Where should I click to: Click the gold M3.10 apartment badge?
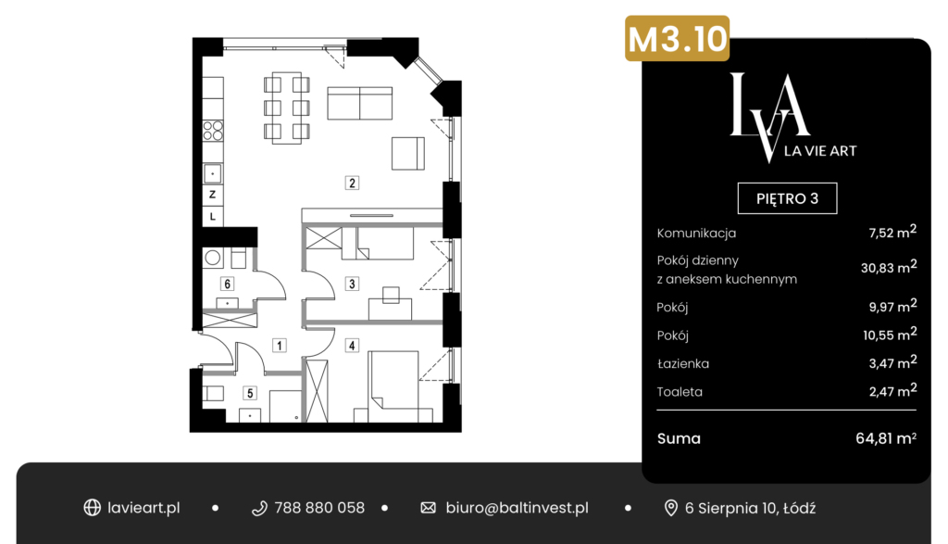tap(677, 38)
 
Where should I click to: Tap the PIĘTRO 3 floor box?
tap(787, 198)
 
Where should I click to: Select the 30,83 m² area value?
tap(889, 267)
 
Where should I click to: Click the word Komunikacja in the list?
tap(696, 233)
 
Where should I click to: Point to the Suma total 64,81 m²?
tap(886, 438)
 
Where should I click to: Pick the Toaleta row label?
tap(680, 391)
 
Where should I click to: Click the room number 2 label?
tap(352, 183)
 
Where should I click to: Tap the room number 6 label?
tap(228, 284)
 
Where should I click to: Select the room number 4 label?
tap(352, 346)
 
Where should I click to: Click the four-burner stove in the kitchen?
tap(213, 131)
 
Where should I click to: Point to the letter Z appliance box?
tap(212, 195)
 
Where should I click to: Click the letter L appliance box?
tap(212, 216)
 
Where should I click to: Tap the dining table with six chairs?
tap(287, 108)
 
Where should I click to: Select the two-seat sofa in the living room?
tap(360, 103)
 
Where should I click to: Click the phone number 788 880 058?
tap(319, 508)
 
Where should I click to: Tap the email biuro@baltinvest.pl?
tap(517, 508)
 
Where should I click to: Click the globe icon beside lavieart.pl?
tap(92, 508)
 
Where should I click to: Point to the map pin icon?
tap(670, 508)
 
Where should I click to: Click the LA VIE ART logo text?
tap(820, 151)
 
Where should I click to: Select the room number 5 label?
tap(250, 393)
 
